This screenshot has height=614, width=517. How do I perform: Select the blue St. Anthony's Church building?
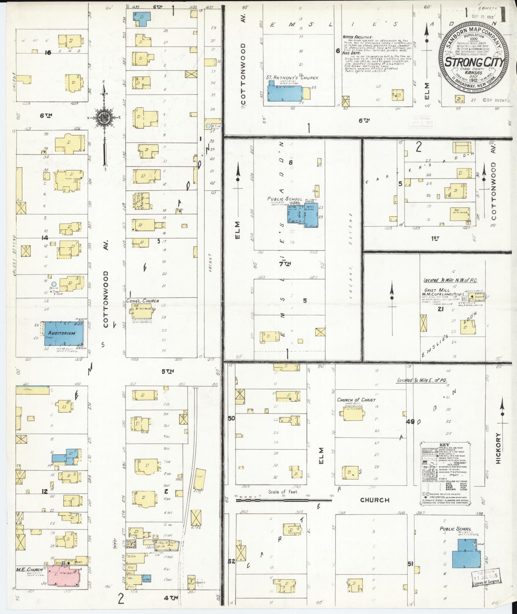click(285, 92)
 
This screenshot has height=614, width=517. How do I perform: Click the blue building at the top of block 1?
click(141, 19)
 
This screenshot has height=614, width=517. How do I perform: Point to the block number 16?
click(48, 53)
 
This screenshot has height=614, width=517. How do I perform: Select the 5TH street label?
click(167, 371)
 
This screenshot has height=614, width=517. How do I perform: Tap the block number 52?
click(231, 561)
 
